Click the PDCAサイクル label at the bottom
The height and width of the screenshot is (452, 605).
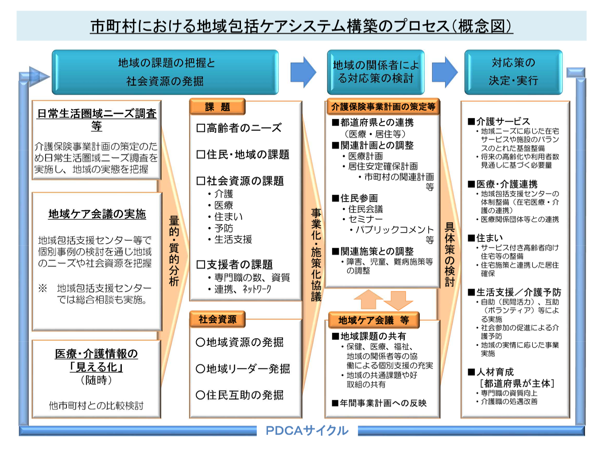pos(307,430)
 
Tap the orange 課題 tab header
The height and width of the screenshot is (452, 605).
pos(217,107)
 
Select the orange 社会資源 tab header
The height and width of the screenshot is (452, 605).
pos(217,319)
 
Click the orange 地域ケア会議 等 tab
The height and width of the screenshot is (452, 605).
pos(374,320)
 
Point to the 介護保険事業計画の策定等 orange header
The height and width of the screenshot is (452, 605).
pos(383,107)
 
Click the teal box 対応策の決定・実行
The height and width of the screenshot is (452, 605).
pos(513,72)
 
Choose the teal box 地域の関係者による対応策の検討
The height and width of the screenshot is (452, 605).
pos(376,72)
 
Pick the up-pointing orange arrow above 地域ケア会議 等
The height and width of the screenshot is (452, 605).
pos(368,299)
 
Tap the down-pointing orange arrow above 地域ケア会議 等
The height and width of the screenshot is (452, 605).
pos(398,300)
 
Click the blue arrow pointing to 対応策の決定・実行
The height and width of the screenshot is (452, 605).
pos(445,72)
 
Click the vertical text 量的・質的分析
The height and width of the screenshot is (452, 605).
pos(174,251)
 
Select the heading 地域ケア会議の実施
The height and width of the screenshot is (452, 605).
pos(97,214)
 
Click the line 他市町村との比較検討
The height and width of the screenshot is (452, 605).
pos(96,406)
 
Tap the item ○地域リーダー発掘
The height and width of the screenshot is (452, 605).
pos(243,369)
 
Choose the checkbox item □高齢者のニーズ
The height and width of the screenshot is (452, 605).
pos(239,128)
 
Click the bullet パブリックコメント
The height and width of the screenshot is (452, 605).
pos(395,229)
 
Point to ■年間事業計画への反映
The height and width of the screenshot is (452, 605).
pos(379,403)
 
